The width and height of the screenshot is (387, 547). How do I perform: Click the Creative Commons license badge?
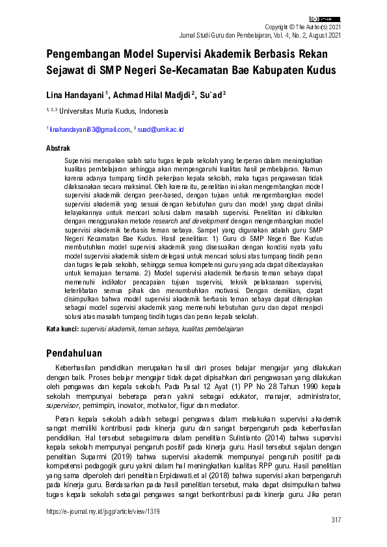point(325,19)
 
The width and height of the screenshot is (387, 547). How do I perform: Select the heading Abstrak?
point(58,149)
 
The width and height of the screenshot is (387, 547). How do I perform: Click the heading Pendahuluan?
point(75,353)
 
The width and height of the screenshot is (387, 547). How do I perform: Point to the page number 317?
point(336,520)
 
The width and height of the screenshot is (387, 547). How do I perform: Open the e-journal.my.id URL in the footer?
point(103,511)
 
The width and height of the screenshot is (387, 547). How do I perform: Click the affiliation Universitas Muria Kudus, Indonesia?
point(114,111)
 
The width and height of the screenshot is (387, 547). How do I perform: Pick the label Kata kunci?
point(62,329)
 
